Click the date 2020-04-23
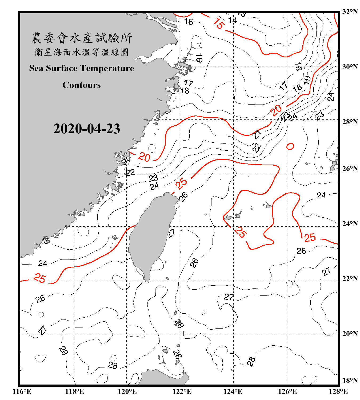point(87,129)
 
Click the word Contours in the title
point(82,85)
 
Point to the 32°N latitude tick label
point(350,12)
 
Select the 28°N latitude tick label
point(350,122)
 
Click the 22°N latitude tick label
point(350,279)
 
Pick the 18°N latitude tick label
point(350,381)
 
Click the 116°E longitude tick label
point(22,391)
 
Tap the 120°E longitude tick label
point(127,391)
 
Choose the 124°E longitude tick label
point(233,391)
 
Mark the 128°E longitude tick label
point(338,391)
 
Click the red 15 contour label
point(219,24)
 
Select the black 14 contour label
point(233,20)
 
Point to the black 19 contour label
point(307,80)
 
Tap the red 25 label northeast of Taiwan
point(181,183)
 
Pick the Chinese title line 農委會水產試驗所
point(82,38)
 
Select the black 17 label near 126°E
point(283,86)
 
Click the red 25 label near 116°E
point(40,278)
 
